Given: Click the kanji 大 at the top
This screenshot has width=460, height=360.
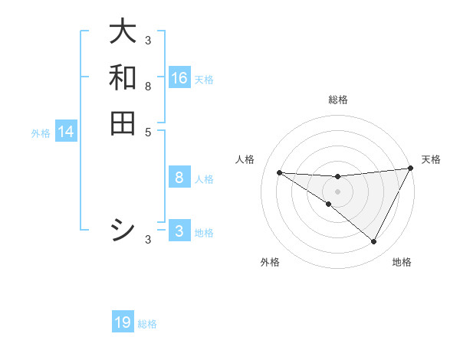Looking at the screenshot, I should pyautogui.click(x=123, y=32).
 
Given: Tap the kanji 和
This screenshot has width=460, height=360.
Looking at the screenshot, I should pyautogui.click(x=123, y=77).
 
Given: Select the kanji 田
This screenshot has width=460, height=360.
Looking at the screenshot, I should pyautogui.click(x=123, y=123).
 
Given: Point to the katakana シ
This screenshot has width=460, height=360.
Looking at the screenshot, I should pyautogui.click(x=123, y=230).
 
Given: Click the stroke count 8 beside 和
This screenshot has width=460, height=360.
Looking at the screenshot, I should pyautogui.click(x=148, y=87).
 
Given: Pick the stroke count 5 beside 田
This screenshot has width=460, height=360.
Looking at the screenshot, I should pyautogui.click(x=148, y=132).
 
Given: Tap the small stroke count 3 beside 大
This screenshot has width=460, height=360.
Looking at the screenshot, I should pyautogui.click(x=148, y=41).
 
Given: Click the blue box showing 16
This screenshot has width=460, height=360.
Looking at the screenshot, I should pyautogui.click(x=179, y=78).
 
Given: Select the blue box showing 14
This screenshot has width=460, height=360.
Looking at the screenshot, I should pyautogui.click(x=66, y=133).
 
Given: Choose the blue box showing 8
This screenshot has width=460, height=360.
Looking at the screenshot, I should pyautogui.click(x=179, y=178).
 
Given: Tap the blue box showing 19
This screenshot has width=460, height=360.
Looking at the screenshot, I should pyautogui.click(x=123, y=323).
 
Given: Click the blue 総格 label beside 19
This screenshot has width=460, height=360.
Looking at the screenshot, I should pyautogui.click(x=147, y=324).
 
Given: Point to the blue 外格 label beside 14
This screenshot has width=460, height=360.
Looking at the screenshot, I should pyautogui.click(x=41, y=133).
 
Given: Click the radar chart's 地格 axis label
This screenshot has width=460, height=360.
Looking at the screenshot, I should pyautogui.click(x=402, y=262).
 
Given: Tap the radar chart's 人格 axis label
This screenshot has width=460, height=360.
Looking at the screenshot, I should pyautogui.click(x=245, y=159).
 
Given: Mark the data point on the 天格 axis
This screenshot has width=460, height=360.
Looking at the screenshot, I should pyautogui.click(x=410, y=169).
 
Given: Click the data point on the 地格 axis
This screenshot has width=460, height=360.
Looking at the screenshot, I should pyautogui.click(x=373, y=241).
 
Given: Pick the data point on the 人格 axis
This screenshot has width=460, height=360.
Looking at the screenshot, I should pyautogui.click(x=279, y=172).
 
